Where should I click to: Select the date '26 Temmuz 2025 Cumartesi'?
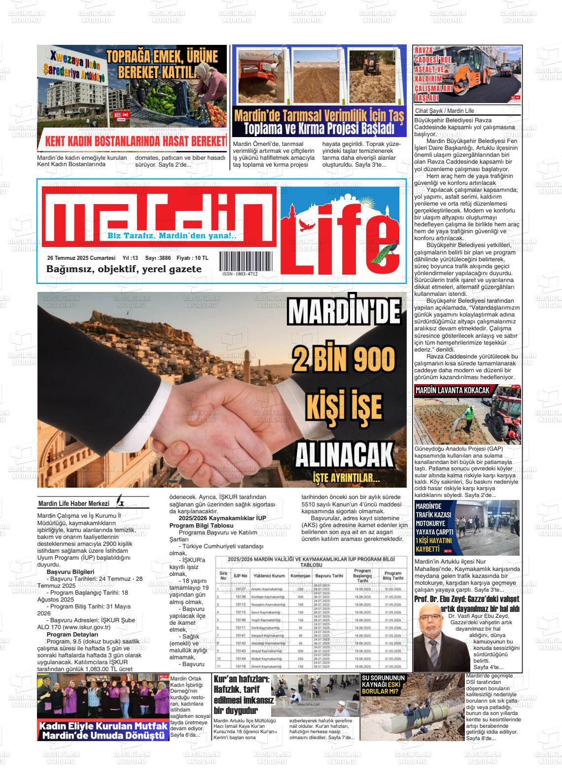pos(81,258)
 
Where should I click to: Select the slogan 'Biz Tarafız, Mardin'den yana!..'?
pos(172,236)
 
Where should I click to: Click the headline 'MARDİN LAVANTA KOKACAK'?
pos(452,391)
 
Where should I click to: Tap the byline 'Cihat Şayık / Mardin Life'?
pos(445,111)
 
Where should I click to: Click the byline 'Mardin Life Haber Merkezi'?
pos(73,503)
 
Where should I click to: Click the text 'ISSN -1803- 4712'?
pos(240,274)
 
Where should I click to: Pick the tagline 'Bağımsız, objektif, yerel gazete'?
pos(124,269)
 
